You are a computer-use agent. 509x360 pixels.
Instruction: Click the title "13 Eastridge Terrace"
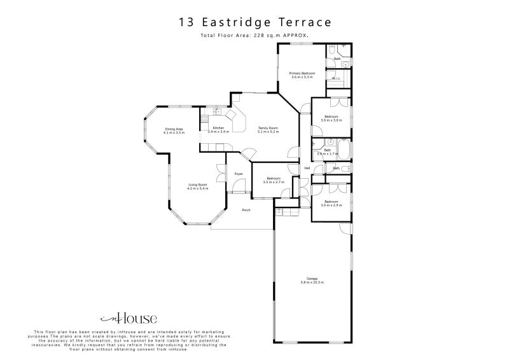click(254, 22)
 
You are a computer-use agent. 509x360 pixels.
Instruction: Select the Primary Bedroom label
click(302, 74)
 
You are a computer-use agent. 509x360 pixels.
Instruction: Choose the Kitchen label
click(218, 128)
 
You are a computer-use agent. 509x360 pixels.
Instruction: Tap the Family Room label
click(268, 128)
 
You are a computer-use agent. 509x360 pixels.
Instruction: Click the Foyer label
click(239, 174)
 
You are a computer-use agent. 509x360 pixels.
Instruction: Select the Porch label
click(246, 210)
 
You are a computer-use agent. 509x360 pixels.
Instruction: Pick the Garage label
click(312, 278)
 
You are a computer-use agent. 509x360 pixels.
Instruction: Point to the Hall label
click(307, 168)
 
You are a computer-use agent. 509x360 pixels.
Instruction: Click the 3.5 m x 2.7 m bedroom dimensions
click(274, 183)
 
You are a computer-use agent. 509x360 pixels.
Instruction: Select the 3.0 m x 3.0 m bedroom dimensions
click(331, 120)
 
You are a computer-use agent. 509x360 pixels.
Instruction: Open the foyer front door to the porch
click(239, 193)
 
